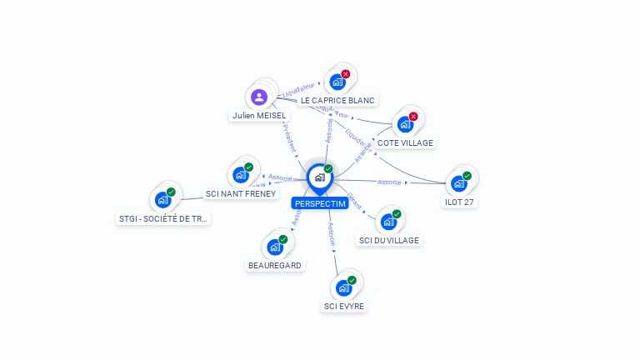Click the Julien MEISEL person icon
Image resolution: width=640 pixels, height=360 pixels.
pyautogui.click(x=259, y=97)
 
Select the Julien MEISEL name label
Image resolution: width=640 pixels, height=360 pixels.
pyautogui.click(x=259, y=116)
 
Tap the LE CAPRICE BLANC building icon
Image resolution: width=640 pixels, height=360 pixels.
pyautogui.click(x=337, y=82)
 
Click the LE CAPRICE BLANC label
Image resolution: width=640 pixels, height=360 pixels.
pyautogui.click(x=337, y=100)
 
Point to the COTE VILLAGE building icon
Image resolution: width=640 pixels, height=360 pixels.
pyautogui.click(x=405, y=124)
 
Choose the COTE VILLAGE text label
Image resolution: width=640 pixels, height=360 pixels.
pyautogui.click(x=405, y=142)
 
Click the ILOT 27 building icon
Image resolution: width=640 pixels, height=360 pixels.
pyautogui.click(x=459, y=183)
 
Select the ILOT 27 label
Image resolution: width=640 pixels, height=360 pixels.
pyautogui.click(x=459, y=202)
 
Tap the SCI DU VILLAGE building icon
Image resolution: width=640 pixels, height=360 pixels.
pyautogui.click(x=388, y=222)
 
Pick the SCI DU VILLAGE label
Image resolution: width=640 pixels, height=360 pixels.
pyautogui.click(x=388, y=240)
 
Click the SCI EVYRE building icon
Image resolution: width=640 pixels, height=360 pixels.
pyautogui.click(x=344, y=287)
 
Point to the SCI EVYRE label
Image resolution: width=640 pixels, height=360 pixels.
pyautogui.click(x=344, y=306)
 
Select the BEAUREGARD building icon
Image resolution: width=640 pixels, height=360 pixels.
pyautogui.click(x=275, y=247)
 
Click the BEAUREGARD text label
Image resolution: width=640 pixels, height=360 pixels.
pyautogui.click(x=275, y=265)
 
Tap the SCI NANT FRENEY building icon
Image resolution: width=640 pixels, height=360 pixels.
pyautogui.click(x=241, y=175)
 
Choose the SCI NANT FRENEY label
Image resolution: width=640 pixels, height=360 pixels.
pyautogui.click(x=239, y=193)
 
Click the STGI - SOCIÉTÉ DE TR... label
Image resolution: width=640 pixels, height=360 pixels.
pyautogui.click(x=163, y=218)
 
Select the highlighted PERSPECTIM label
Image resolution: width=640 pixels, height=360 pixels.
pyautogui.click(x=320, y=203)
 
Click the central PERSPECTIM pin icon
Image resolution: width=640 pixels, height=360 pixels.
pyautogui.click(x=319, y=177)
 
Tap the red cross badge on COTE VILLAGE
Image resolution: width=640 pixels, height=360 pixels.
pyautogui.click(x=413, y=116)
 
